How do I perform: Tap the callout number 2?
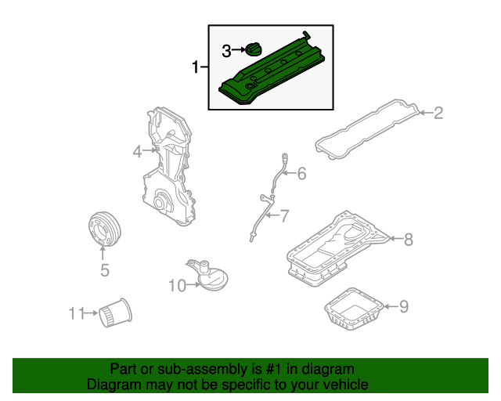438,114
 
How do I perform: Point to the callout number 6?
301,174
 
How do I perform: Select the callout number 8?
408,240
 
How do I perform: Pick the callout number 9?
404,306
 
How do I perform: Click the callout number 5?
104,271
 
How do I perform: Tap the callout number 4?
137,152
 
